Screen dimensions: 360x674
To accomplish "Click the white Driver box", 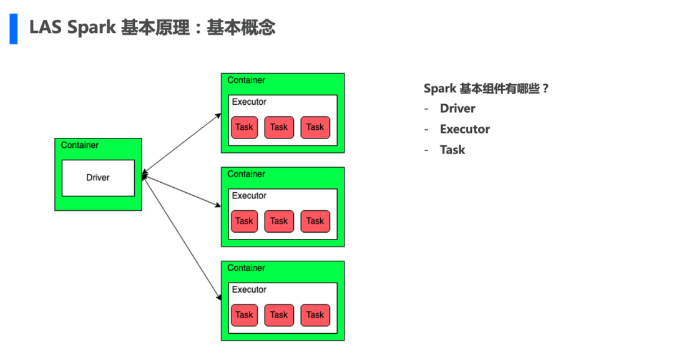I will (98, 178).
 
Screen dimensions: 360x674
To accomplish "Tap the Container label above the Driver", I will (80, 145).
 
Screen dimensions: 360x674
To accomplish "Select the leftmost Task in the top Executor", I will (244, 127).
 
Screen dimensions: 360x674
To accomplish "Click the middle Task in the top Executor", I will (279, 127).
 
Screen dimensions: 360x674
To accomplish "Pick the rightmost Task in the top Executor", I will (315, 127).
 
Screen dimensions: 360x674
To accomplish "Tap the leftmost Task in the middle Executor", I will (244, 221).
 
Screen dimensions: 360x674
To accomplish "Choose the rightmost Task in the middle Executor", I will (315, 221).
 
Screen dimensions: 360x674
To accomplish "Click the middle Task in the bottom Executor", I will (279, 315).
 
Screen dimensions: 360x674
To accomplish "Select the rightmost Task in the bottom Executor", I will (315, 315).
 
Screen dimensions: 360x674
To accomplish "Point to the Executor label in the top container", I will (249, 102).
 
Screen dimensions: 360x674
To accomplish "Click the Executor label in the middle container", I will (249, 196).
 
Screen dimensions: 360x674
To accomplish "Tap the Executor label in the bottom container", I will (249, 289).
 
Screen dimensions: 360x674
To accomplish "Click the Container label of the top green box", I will (246, 80).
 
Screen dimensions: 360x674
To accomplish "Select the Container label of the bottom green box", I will (246, 268).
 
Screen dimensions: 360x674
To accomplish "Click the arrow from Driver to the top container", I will (182, 145).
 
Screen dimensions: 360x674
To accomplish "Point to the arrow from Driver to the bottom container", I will (182, 237).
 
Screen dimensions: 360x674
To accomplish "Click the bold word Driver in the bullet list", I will (457, 109).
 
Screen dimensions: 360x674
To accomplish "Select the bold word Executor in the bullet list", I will (465, 129).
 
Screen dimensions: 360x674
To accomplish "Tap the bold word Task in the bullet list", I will (452, 150).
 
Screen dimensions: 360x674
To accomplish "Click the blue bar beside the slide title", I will (14, 28).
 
